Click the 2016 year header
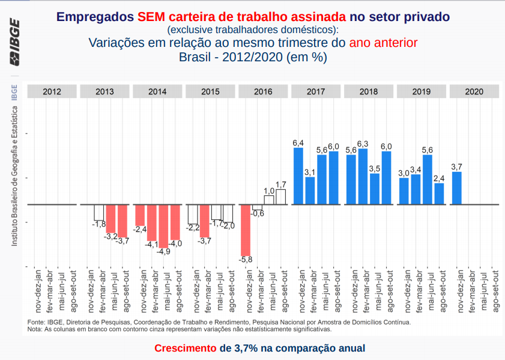tap(263, 92)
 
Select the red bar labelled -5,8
tap(246, 230)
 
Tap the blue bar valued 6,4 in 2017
tap(298, 175)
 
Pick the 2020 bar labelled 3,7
tap(456, 188)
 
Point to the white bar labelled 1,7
tap(281, 197)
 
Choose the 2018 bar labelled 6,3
tap(363, 176)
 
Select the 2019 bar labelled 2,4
tap(439, 194)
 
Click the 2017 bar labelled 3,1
tap(310, 191)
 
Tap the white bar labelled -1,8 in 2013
tap(99, 212)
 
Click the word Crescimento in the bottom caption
tap(186, 349)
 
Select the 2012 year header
tap(52, 92)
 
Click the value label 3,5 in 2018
tap(375, 169)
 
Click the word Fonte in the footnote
tap(36, 322)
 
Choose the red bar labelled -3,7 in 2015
tap(205, 221)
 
